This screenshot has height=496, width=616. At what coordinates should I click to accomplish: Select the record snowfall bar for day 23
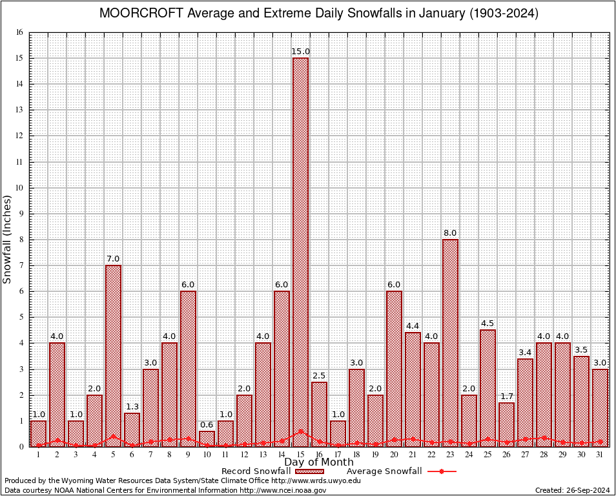(450, 342)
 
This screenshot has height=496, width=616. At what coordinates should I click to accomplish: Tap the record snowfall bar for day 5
(113, 355)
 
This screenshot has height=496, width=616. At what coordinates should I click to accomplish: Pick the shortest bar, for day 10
(207, 439)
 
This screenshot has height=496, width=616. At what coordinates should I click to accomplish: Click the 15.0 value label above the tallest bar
(300, 52)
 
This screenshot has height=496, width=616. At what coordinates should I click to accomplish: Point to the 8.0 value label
(450, 233)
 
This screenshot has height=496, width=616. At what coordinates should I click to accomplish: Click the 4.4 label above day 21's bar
(413, 326)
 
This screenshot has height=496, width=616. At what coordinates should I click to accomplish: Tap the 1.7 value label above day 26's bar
(506, 396)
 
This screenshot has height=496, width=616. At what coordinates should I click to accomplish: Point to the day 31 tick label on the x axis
(600, 454)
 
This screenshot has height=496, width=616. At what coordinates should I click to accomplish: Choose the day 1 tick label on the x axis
(38, 454)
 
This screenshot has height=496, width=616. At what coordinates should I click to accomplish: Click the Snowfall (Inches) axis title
(8, 239)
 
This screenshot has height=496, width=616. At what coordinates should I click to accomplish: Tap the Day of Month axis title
(319, 462)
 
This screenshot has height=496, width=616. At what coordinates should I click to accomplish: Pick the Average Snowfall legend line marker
(442, 471)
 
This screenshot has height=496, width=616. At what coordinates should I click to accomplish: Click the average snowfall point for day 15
(300, 431)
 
